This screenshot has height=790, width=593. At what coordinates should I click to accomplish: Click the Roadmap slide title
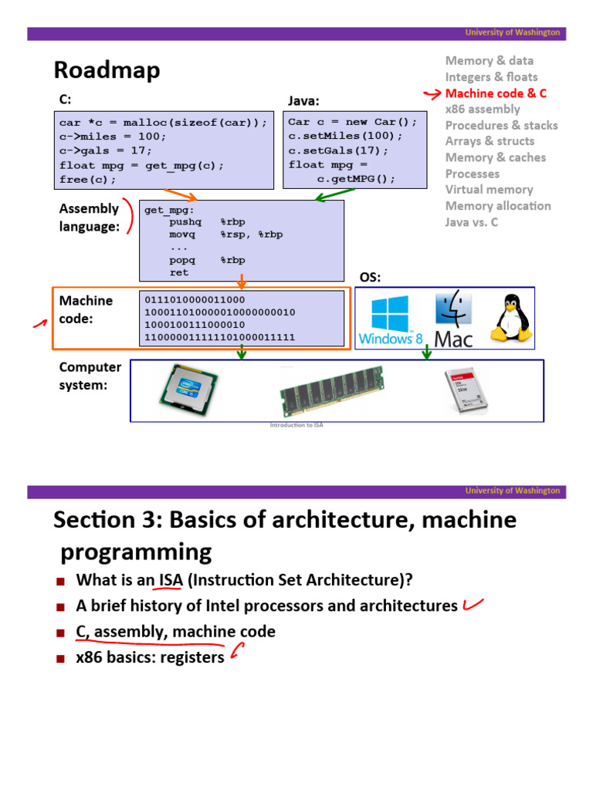107,71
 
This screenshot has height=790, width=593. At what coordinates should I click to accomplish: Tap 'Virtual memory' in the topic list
489,190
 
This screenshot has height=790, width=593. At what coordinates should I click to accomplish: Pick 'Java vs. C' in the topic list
472,222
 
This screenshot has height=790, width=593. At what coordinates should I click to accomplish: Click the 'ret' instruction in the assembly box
179,273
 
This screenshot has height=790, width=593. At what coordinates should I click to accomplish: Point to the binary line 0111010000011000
195,300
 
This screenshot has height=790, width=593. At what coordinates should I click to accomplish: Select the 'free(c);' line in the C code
87,180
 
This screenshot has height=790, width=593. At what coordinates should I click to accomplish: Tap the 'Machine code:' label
86,309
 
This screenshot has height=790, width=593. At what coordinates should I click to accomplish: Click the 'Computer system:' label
90,376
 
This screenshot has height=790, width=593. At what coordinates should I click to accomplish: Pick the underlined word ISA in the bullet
171,579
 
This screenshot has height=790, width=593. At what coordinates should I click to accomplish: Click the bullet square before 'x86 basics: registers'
62,658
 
